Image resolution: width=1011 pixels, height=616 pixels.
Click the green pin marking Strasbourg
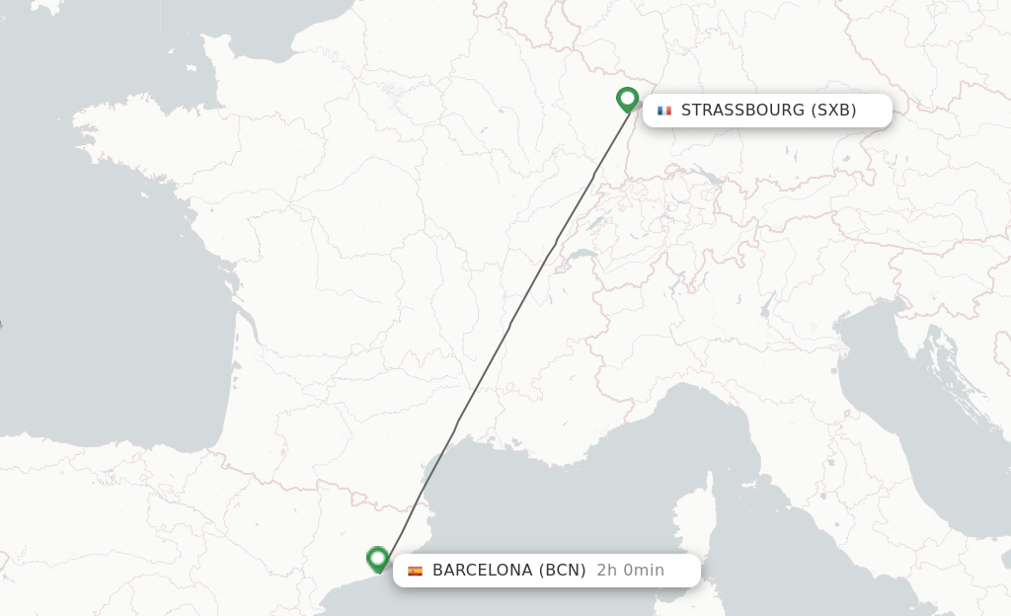627,99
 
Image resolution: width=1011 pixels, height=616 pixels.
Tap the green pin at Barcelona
377,559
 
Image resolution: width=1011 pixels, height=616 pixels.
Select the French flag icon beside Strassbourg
664,111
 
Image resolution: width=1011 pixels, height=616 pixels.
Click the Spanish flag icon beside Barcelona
415,571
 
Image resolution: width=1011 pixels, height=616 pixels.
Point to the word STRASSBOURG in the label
742,111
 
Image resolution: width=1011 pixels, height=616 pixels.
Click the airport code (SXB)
833,111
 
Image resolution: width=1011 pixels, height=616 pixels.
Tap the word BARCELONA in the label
484,571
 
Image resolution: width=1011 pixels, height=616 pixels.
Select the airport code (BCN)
563,571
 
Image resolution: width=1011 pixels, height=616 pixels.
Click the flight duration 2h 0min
630,571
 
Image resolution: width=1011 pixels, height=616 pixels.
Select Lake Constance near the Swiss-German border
708,179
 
